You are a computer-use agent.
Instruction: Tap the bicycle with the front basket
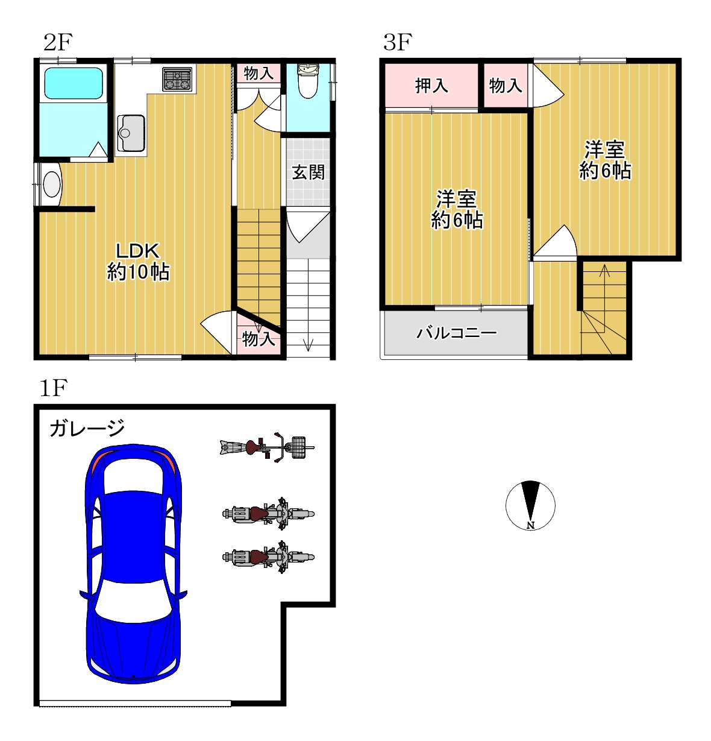click(267, 447)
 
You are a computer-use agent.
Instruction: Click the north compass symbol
click(530, 505)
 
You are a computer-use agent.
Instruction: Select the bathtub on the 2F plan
click(74, 83)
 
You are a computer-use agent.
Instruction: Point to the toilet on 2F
click(308, 81)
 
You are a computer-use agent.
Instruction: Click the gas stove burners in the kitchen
click(177, 79)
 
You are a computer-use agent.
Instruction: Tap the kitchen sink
click(131, 133)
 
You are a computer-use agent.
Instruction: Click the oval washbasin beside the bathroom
click(52, 184)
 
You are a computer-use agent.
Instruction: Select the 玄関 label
click(309, 172)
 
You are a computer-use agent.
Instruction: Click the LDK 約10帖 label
click(138, 262)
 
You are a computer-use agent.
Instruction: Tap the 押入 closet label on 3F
click(431, 85)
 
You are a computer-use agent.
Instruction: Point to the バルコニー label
click(456, 333)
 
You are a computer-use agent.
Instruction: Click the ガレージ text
click(87, 427)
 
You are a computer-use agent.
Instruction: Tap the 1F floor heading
click(54, 388)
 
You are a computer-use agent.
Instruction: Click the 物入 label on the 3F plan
click(505, 85)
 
